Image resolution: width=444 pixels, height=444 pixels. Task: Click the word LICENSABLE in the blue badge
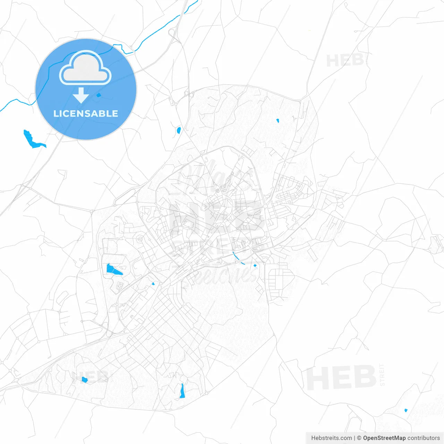[x=86, y=113]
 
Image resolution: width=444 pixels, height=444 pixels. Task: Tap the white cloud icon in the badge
[x=85, y=68]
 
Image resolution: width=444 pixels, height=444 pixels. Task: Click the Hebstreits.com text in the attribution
[x=331, y=438]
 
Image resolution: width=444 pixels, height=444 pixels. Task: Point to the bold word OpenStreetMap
[x=384, y=438]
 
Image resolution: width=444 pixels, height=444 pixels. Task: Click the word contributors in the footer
[x=424, y=438]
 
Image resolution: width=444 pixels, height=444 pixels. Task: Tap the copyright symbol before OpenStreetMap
[x=359, y=438]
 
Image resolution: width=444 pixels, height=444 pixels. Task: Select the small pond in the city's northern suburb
[x=277, y=121]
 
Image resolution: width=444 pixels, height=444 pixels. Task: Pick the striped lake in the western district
[x=113, y=270]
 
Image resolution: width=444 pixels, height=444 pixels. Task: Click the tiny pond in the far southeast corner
[x=405, y=410]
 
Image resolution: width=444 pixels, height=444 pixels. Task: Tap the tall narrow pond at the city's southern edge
[x=182, y=391]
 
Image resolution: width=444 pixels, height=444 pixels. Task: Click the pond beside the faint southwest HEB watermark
[x=84, y=380]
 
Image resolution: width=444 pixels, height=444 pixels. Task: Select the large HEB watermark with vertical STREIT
[x=342, y=377]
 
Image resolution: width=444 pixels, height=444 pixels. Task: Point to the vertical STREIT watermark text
[x=382, y=375]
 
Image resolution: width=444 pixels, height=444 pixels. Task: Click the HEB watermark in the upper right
[x=344, y=61]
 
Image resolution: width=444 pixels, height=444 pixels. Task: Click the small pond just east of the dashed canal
[x=255, y=266]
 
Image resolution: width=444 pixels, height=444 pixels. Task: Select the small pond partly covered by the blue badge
[x=99, y=95]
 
